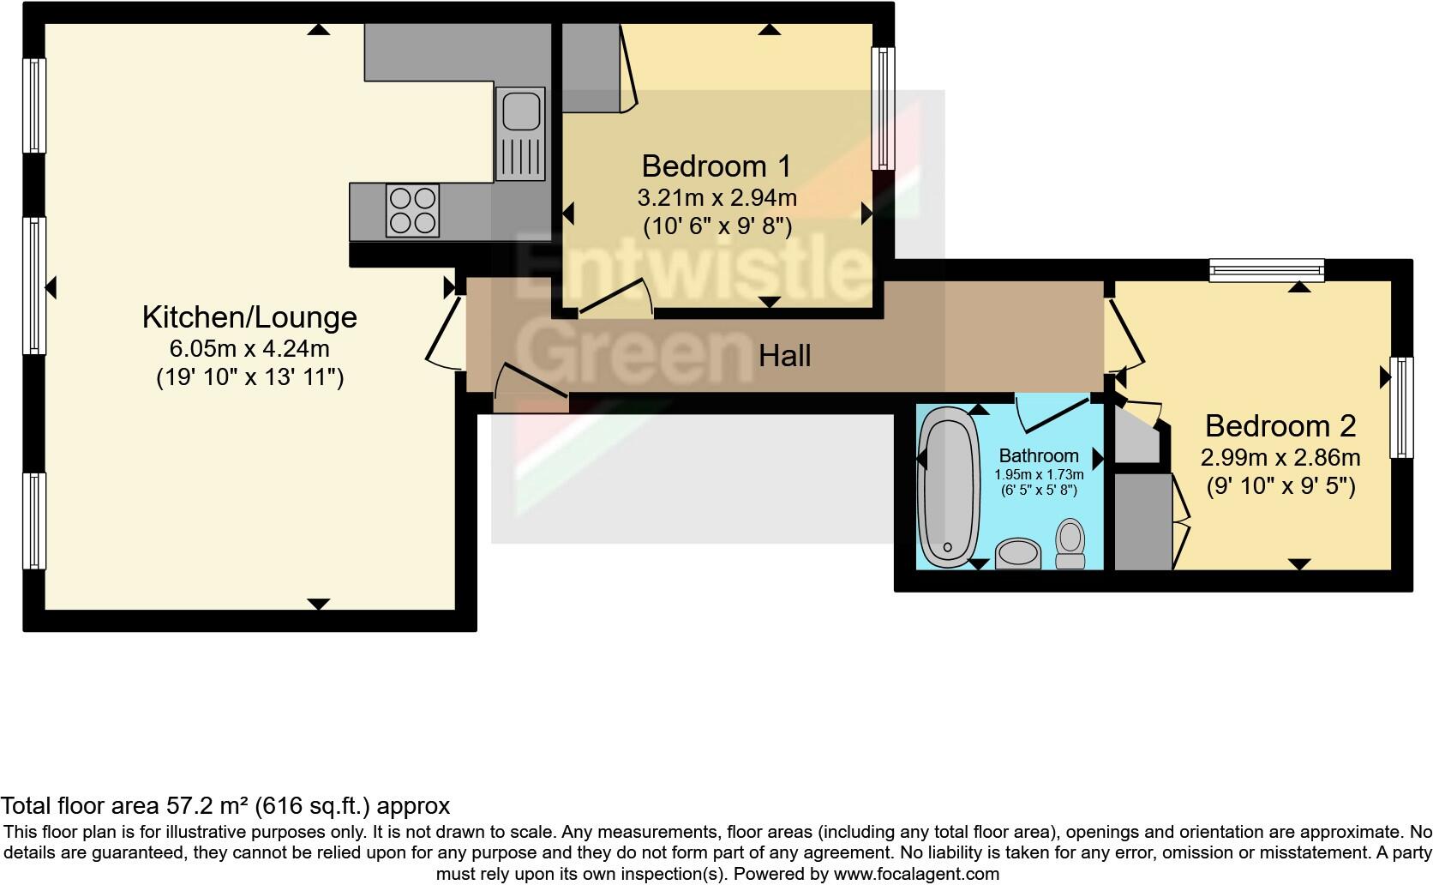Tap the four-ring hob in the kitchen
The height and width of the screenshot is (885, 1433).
(x=411, y=210)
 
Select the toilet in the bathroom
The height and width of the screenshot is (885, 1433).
(x=1069, y=543)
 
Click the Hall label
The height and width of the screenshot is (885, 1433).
(x=784, y=355)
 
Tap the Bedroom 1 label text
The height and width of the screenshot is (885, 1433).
(x=716, y=166)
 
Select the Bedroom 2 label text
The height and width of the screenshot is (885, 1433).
(x=1280, y=425)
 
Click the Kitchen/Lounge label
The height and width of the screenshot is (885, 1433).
(x=249, y=317)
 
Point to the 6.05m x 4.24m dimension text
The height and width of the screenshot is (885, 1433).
(x=249, y=349)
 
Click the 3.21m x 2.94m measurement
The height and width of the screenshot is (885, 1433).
(x=716, y=198)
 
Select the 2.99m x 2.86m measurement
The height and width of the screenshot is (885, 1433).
(x=1280, y=457)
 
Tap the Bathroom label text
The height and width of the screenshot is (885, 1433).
(x=1039, y=455)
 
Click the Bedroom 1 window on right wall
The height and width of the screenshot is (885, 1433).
(x=883, y=108)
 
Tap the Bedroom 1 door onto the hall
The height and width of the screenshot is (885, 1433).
(x=615, y=299)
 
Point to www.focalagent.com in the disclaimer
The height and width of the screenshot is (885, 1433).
(x=916, y=875)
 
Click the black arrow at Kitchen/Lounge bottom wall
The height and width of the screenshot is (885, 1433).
(x=318, y=604)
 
